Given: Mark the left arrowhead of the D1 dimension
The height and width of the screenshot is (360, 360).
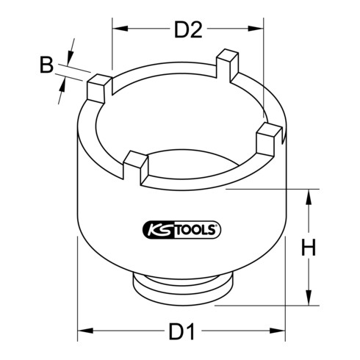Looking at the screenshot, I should tap(82, 309).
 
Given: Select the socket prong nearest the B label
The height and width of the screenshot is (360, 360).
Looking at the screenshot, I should tap(98, 90).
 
